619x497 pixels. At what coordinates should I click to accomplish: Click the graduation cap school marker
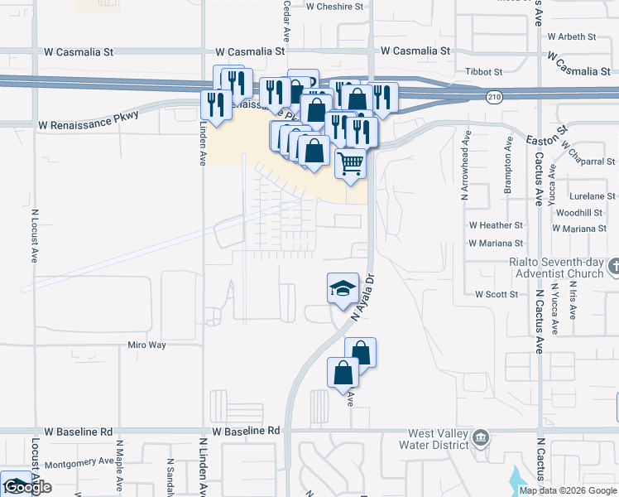(343, 288)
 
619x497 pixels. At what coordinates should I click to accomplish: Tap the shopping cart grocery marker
(350, 163)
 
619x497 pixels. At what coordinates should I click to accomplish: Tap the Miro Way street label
(146, 345)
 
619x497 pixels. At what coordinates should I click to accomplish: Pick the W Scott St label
(497, 294)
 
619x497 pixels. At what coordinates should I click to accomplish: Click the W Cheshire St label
(334, 7)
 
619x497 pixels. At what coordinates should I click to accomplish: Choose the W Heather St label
(496, 224)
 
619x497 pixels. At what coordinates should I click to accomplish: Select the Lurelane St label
(588, 196)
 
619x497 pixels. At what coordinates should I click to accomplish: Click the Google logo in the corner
(26, 488)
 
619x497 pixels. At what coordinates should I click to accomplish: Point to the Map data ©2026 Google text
(567, 490)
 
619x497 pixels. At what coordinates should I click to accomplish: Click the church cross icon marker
(613, 266)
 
